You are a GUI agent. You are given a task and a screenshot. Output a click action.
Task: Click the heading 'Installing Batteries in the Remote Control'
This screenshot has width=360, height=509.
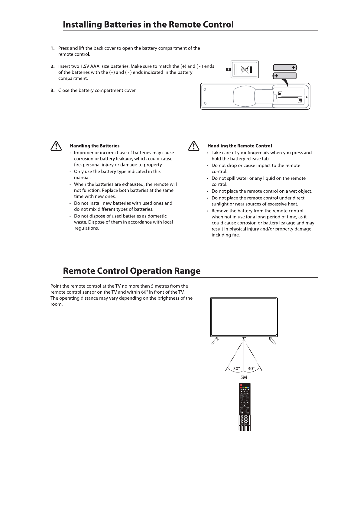pyautogui.click(x=148, y=24)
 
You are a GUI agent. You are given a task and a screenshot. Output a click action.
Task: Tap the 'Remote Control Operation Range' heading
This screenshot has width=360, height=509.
pyautogui.click(x=131, y=271)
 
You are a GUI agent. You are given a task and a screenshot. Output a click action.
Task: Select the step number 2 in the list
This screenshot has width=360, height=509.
pyautogui.click(x=53, y=66)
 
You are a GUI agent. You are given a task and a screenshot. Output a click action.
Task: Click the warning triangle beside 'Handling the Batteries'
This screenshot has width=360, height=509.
pyautogui.click(x=56, y=146)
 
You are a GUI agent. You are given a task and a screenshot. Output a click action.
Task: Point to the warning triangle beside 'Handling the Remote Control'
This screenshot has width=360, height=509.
pyautogui.click(x=193, y=146)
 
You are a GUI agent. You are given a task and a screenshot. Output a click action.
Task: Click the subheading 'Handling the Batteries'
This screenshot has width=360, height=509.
pyautogui.click(x=95, y=146)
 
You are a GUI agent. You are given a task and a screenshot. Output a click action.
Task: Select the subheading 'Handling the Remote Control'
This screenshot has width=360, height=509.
pyautogui.click(x=239, y=146)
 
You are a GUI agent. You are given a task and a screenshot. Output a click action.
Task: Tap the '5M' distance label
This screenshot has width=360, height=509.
pyautogui.click(x=244, y=377)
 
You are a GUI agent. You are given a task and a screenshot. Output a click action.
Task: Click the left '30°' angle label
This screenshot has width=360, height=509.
pyautogui.click(x=236, y=369)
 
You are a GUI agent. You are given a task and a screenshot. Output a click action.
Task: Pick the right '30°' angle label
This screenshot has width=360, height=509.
pyautogui.click(x=251, y=369)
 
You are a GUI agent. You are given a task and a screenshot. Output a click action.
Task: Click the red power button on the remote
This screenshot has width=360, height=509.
pyautogui.click(x=241, y=385)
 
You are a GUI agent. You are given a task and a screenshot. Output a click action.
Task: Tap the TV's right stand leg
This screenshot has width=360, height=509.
pyautogui.click(x=273, y=340)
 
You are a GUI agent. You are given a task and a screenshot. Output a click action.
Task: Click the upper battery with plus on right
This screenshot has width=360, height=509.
pyautogui.click(x=285, y=68)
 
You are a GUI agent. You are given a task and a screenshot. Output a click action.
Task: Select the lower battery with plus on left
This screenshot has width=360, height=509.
pyautogui.click(x=284, y=76)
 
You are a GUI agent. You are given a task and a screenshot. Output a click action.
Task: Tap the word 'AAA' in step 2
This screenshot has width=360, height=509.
pyautogui.click(x=95, y=66)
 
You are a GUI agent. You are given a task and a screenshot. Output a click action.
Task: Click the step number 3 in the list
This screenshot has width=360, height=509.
pyautogui.click(x=53, y=91)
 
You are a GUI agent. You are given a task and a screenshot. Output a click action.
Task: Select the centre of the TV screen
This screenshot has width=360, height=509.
pyautogui.click(x=244, y=317)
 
